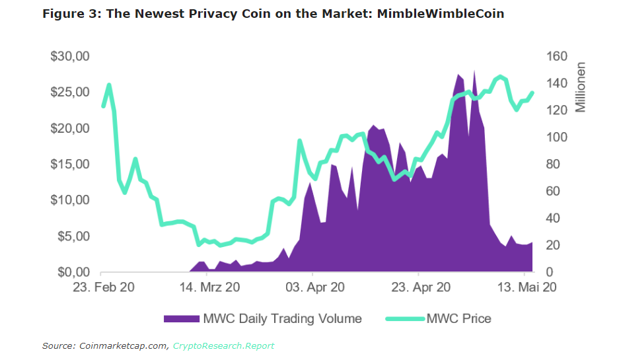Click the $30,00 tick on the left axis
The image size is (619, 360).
click(x=69, y=57)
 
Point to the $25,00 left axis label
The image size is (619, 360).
click(x=69, y=92)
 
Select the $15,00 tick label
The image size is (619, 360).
click(x=69, y=164)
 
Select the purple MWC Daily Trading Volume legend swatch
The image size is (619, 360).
click(x=181, y=319)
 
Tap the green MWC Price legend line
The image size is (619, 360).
click(x=403, y=319)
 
